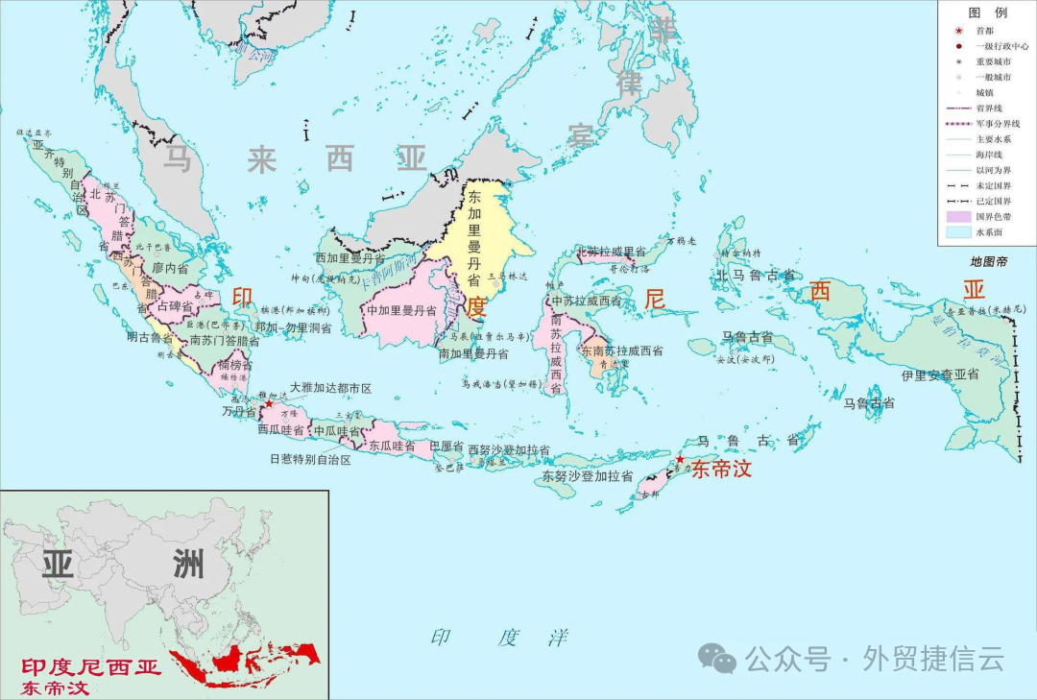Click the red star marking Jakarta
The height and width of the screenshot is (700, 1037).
click(x=269, y=404)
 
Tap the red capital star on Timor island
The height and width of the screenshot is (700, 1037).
click(x=680, y=460)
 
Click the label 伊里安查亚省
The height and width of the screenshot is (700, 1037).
click(x=940, y=374)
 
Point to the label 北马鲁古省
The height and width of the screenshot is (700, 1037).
click(x=755, y=276)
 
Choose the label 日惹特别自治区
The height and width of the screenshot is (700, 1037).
click(x=310, y=460)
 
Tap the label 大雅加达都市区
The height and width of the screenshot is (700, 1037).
click(x=330, y=389)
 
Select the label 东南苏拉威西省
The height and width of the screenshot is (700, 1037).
click(x=621, y=351)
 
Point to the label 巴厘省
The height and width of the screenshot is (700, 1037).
click(x=446, y=447)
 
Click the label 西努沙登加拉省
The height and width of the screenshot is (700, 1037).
click(x=509, y=450)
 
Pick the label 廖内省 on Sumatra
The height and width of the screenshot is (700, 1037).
click(x=170, y=268)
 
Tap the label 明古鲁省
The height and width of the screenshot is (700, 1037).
click(x=150, y=337)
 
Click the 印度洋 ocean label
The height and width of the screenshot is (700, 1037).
click(x=499, y=638)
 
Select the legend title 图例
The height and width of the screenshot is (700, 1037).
click(x=986, y=12)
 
